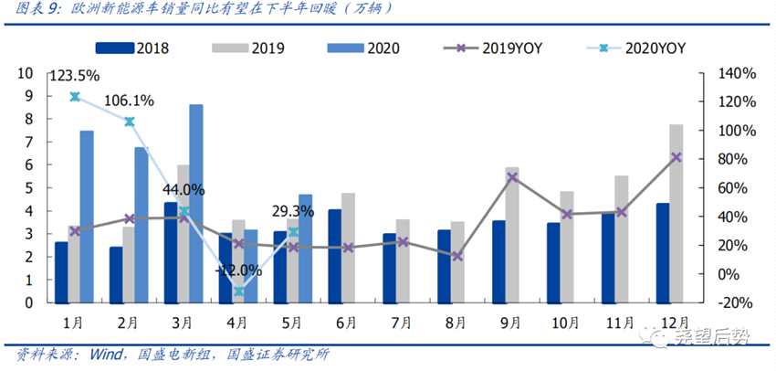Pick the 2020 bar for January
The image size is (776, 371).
pyautogui.click(x=87, y=216)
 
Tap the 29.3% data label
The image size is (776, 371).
pyautogui.click(x=293, y=211)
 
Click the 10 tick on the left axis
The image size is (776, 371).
pyautogui.click(x=26, y=73)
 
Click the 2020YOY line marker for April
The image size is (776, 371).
pyautogui.click(x=238, y=291)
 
